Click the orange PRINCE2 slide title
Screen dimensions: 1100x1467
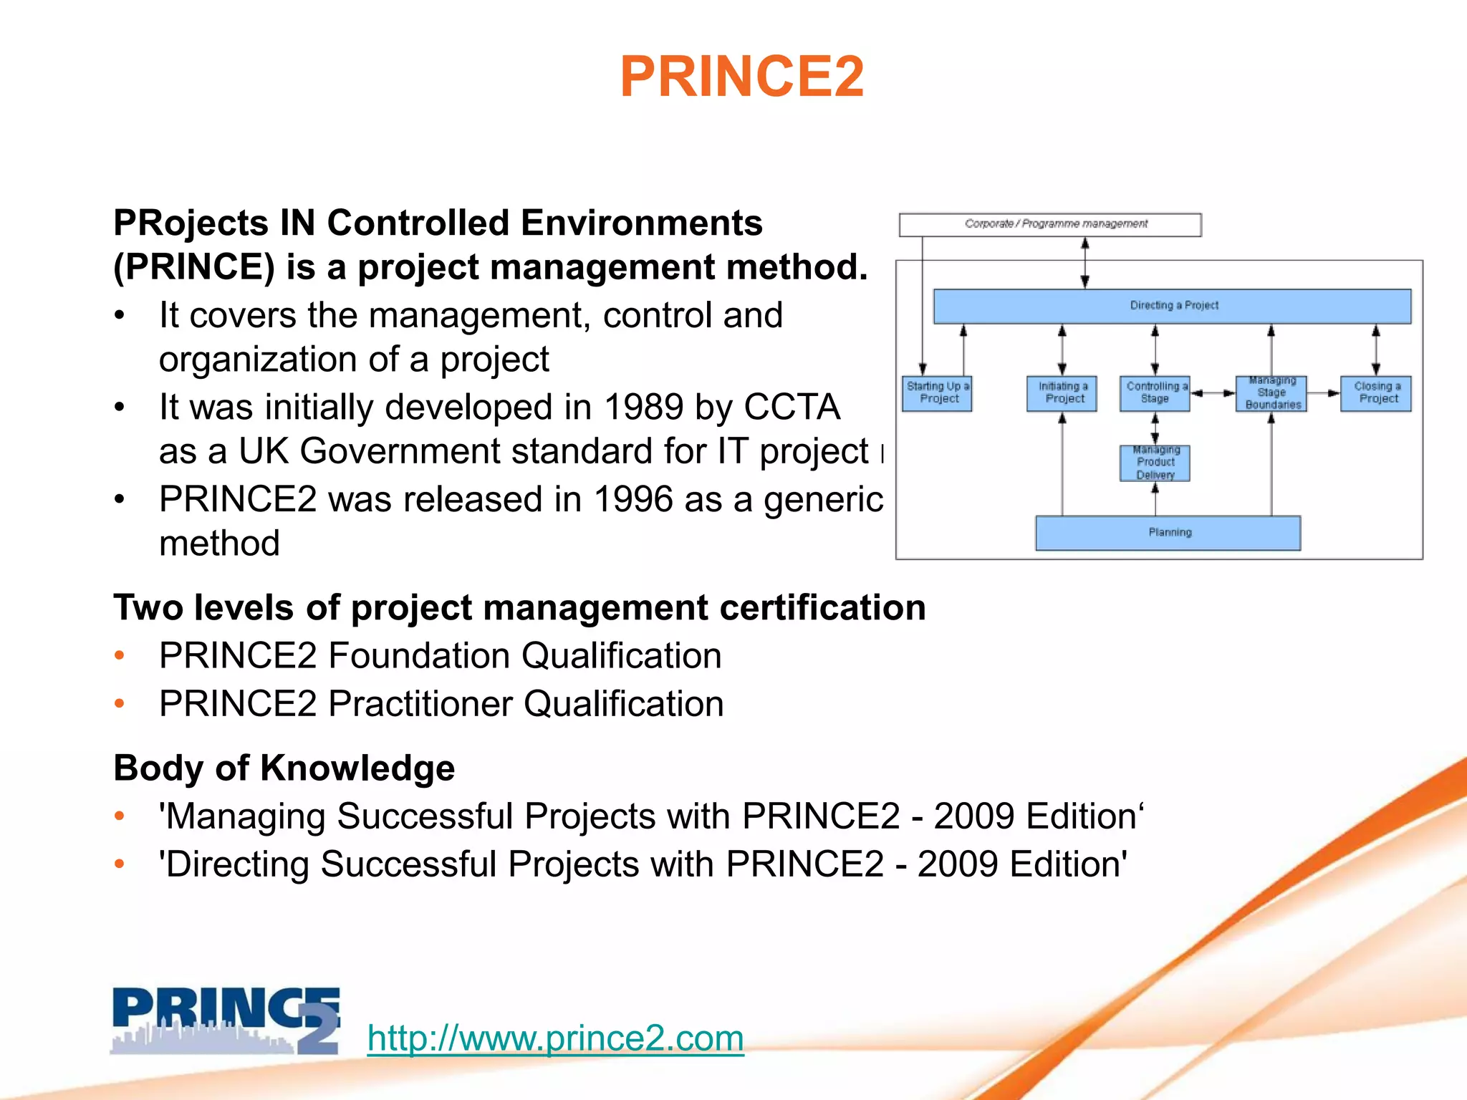point(742,77)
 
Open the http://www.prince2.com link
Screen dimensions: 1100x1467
point(555,1038)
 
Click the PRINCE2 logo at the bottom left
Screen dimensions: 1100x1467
point(226,1021)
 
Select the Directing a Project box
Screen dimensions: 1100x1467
point(1172,306)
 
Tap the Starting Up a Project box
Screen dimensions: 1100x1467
point(937,393)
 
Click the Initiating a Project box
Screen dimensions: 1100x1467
point(1062,393)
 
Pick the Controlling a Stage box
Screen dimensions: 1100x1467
point(1155,393)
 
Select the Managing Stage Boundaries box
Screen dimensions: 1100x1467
point(1271,393)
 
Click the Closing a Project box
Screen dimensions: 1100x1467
point(1375,393)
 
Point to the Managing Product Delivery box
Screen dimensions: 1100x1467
point(1155,463)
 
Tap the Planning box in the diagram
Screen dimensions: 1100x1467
point(1168,532)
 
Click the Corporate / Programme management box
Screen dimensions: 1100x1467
point(1050,224)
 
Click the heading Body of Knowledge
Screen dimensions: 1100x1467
point(284,768)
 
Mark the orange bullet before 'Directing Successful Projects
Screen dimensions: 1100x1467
point(120,864)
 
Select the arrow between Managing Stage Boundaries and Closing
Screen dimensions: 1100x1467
point(1323,393)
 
